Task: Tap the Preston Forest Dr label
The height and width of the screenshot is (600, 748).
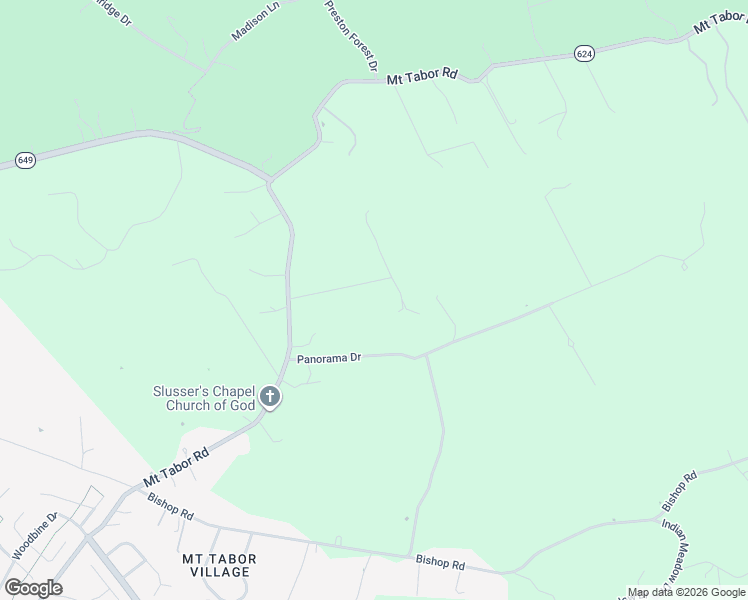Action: coord(350,35)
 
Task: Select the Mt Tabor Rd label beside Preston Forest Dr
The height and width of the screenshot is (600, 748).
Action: coord(421,74)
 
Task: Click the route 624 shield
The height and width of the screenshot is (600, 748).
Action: coord(585,53)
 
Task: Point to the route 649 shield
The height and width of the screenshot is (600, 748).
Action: coord(26,160)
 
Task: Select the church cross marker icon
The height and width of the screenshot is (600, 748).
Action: coord(269,398)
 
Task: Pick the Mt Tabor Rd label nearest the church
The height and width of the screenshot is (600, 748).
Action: coord(175,468)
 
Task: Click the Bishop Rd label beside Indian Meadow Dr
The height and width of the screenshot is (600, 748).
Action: coord(678,491)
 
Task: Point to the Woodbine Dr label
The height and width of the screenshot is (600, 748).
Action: coord(36,537)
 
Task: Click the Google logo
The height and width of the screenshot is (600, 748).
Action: coord(33,587)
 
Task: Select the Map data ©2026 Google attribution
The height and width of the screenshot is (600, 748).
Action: coord(686,592)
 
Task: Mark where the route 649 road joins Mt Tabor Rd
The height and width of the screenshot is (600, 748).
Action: coord(269,180)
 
